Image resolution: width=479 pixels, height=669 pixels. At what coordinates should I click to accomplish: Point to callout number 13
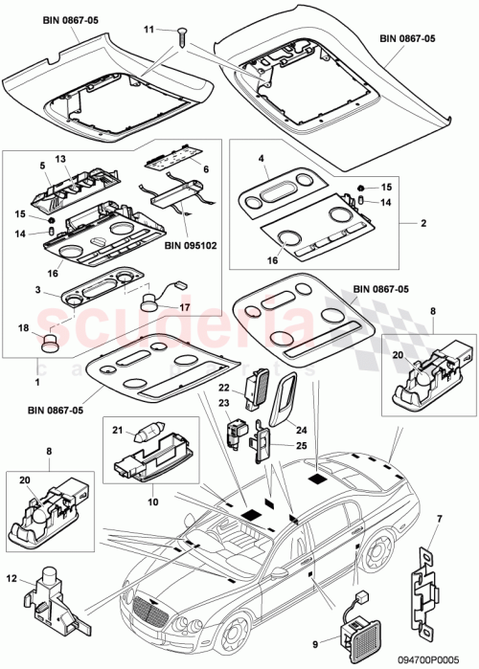pos(59,159)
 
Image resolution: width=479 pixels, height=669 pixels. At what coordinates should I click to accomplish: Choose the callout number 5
pos(43,165)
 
